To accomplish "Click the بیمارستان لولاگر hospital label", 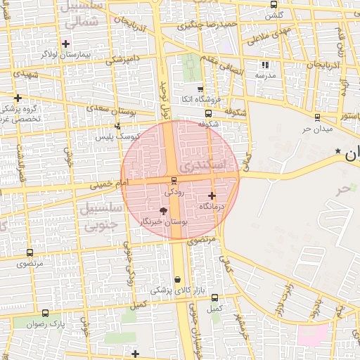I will [60, 53].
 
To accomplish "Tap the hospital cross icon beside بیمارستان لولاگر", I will [65, 44].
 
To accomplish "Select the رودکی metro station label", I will [173, 191].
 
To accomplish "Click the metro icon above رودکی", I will [174, 181].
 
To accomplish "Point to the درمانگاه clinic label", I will [212, 206].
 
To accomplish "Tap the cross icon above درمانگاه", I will [212, 195].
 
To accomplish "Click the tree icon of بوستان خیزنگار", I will [164, 211].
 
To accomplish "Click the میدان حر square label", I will [316, 129].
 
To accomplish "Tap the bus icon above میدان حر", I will [318, 117].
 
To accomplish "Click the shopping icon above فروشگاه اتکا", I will [200, 89].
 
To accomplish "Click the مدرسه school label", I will [264, 75].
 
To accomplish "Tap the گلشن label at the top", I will [276, 14].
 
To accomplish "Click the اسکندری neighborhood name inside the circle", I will [202, 166].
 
